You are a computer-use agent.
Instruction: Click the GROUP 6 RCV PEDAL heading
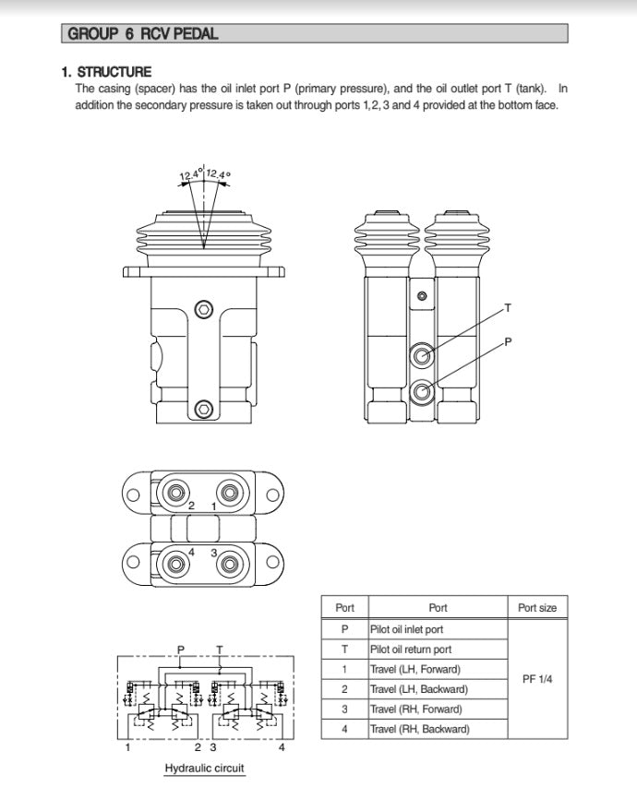tap(143, 34)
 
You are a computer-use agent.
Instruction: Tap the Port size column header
tap(537, 608)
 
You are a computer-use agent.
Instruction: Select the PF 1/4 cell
tap(537, 679)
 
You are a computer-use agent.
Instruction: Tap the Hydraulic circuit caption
tap(205, 768)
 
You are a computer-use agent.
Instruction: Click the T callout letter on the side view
tap(507, 306)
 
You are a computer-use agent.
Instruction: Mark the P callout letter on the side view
tap(508, 341)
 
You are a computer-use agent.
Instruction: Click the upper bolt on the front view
tap(204, 308)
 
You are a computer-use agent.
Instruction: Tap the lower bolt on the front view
tap(204, 409)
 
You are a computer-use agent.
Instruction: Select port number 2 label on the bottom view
tap(191, 507)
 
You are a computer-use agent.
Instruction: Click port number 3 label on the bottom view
tap(214, 552)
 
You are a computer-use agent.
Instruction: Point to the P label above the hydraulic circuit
tap(180, 649)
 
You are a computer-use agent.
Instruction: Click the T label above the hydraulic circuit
tap(219, 649)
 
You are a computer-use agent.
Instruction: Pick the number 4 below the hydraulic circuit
tap(282, 747)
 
